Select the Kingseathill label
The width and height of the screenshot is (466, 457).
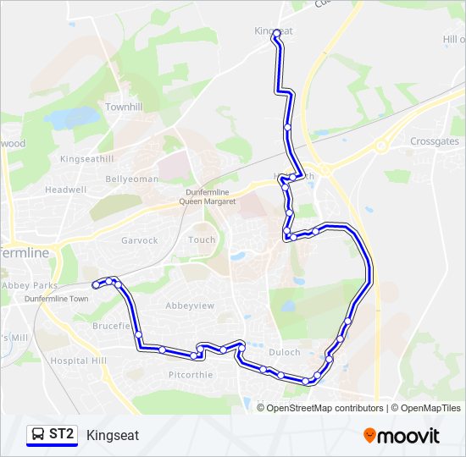(86, 158)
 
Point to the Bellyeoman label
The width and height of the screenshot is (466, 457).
(131, 179)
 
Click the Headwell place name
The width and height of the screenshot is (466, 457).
(66, 190)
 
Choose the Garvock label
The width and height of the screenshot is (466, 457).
(140, 240)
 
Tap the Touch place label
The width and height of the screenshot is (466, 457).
(202, 240)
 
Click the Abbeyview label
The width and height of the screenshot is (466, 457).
(188, 306)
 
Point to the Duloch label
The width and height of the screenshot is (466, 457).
(285, 352)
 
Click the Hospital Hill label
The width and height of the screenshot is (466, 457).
(79, 361)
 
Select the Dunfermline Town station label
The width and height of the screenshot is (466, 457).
(57, 299)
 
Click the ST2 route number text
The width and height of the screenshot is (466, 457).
(62, 435)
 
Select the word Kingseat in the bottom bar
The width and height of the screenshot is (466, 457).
(113, 435)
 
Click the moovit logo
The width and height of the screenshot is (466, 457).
(402, 436)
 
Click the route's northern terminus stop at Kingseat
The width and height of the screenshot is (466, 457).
(275, 33)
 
